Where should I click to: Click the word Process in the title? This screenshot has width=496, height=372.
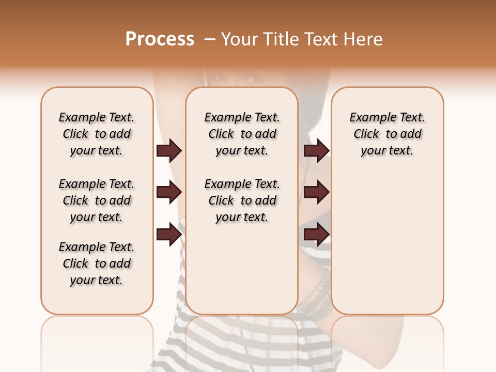tap(160, 39)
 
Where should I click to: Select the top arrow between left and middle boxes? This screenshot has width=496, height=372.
tap(169, 151)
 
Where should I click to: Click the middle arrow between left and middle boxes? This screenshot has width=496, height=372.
tap(169, 193)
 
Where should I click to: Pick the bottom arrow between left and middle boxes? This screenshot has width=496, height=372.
tap(169, 235)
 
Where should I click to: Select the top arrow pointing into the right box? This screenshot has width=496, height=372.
tap(316, 151)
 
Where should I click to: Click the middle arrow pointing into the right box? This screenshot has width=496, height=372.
tap(316, 193)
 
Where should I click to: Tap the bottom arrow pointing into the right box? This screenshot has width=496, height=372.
tap(316, 235)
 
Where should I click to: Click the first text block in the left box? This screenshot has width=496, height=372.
tap(97, 134)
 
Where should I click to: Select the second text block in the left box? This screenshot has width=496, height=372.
tap(97, 200)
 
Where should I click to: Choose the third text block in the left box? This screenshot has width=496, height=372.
tap(97, 263)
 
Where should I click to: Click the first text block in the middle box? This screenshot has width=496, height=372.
tap(242, 134)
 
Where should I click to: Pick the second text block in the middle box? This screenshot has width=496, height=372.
tap(242, 200)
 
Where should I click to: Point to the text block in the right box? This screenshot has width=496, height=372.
tap(387, 134)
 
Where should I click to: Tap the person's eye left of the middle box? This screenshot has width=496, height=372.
tap(219, 79)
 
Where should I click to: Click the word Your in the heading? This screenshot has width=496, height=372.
tap(240, 39)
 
